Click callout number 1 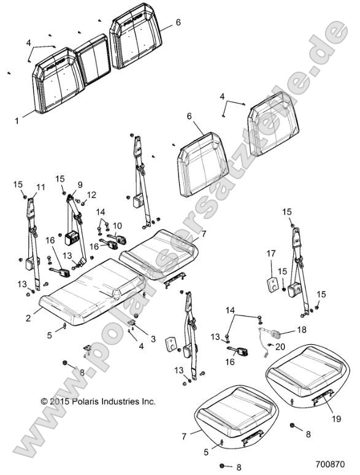[17, 121]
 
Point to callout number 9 [79, 185]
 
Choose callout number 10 [117, 225]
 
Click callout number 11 [41, 187]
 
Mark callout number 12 [93, 195]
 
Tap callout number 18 [301, 330]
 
